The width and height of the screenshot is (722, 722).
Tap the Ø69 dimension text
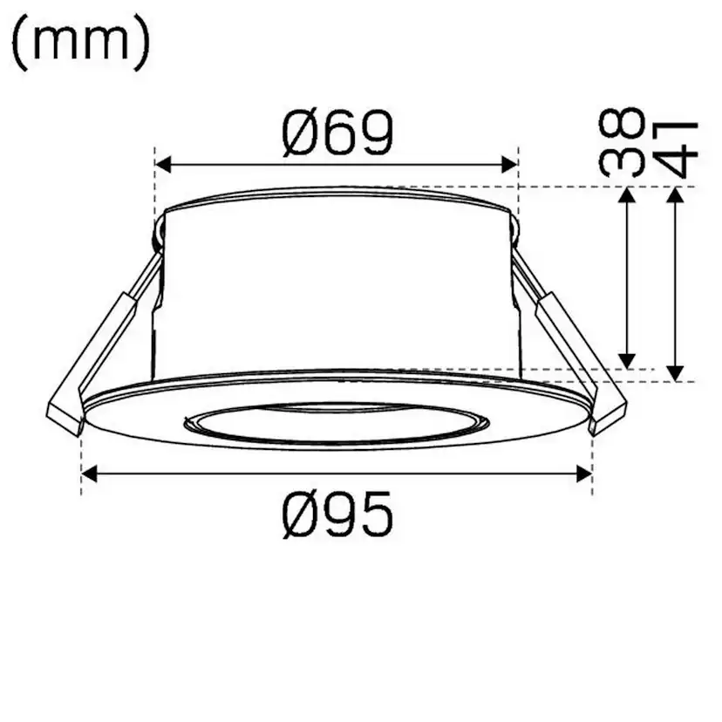click(x=337, y=133)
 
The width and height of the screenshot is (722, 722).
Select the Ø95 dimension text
click(x=337, y=515)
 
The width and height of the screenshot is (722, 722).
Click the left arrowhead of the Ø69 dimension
click(x=163, y=163)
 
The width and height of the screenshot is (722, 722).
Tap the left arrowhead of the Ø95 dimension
click(x=89, y=473)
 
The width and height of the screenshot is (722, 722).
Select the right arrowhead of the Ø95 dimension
click(x=584, y=473)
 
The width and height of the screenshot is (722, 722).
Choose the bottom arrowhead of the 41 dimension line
click(x=675, y=372)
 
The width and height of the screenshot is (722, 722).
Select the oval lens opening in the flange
click(x=336, y=423)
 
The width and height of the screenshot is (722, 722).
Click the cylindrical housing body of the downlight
click(x=336, y=288)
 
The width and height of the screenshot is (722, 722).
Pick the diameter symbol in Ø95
click(x=302, y=515)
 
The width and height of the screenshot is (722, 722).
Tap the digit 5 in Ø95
click(x=376, y=515)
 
